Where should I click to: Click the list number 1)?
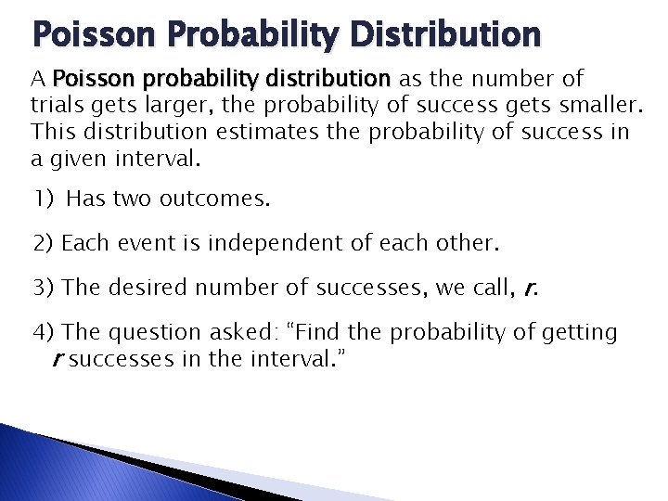(45, 199)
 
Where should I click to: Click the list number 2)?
(44, 244)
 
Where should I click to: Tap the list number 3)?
(44, 288)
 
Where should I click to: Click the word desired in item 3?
(145, 288)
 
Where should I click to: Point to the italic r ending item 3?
(529, 288)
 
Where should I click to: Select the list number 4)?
(44, 332)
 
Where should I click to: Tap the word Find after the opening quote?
(320, 332)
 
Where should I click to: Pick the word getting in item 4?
(584, 332)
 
